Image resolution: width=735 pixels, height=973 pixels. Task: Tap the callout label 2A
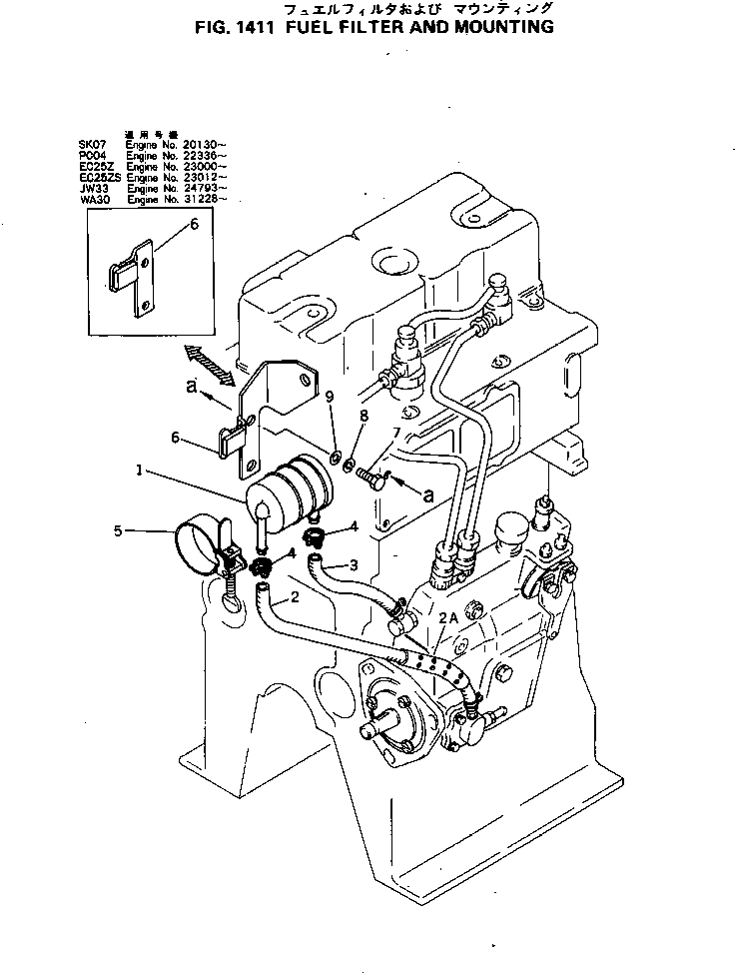tap(447, 619)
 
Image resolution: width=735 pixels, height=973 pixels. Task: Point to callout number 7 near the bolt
tap(395, 432)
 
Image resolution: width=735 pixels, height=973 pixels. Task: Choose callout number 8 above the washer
tap(363, 414)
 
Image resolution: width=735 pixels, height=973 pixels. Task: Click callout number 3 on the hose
tap(353, 565)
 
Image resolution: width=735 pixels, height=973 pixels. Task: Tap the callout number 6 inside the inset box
tap(194, 226)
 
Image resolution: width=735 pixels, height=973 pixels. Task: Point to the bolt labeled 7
tap(371, 480)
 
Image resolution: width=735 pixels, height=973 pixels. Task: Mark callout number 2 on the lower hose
tap(296, 599)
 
